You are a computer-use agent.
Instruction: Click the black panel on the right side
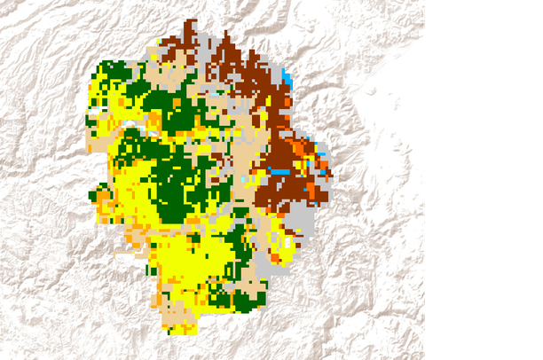click(484, 180)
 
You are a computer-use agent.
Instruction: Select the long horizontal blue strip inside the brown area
click(280, 170)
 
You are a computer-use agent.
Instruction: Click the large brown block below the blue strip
click(279, 191)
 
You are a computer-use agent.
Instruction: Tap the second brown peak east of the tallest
click(226, 40)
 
